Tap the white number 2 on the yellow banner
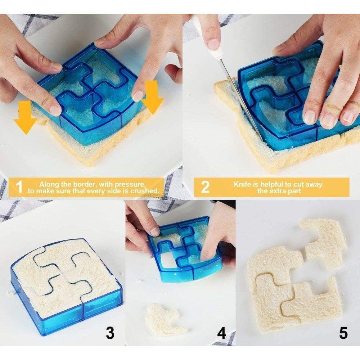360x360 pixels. click(x=205, y=187)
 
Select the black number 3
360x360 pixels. click(x=110, y=333)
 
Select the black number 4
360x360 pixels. click(x=221, y=333)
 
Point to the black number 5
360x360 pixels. click(x=343, y=333)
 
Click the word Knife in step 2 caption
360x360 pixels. click(x=243, y=184)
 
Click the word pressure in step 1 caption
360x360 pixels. click(x=129, y=184)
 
